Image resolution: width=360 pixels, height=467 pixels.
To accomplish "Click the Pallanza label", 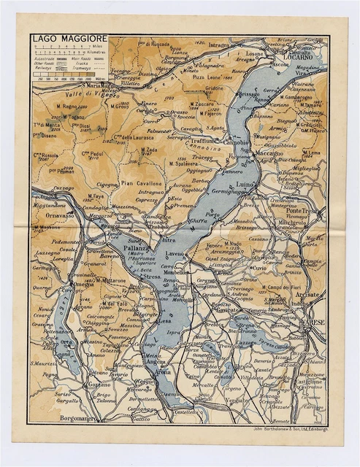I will pos(138,249).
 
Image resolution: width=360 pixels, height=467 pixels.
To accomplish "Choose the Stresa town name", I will pos(152,277).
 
